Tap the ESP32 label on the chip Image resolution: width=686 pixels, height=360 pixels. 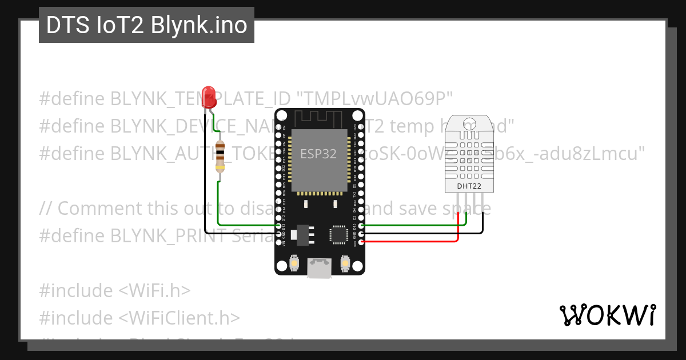coord(318,153)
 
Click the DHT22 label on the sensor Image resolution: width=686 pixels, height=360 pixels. coord(468,186)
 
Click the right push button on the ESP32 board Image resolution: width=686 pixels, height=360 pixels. coord(345,263)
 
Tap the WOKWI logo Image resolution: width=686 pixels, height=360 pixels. coord(607,315)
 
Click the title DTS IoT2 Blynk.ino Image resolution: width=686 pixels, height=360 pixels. coord(146,25)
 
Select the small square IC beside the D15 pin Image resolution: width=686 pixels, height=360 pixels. coord(338,234)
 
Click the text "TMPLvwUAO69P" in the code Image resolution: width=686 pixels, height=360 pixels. coord(380,99)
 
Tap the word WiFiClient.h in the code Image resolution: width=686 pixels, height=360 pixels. coord(185,318)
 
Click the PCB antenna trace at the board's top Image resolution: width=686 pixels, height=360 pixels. coord(318,118)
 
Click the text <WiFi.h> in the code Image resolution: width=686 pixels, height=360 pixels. coord(154,290)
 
